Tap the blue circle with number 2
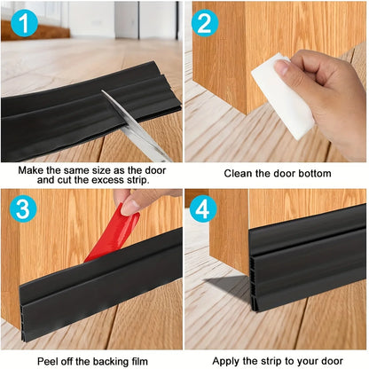206,22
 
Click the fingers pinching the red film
140,201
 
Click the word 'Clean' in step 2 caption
239,174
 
